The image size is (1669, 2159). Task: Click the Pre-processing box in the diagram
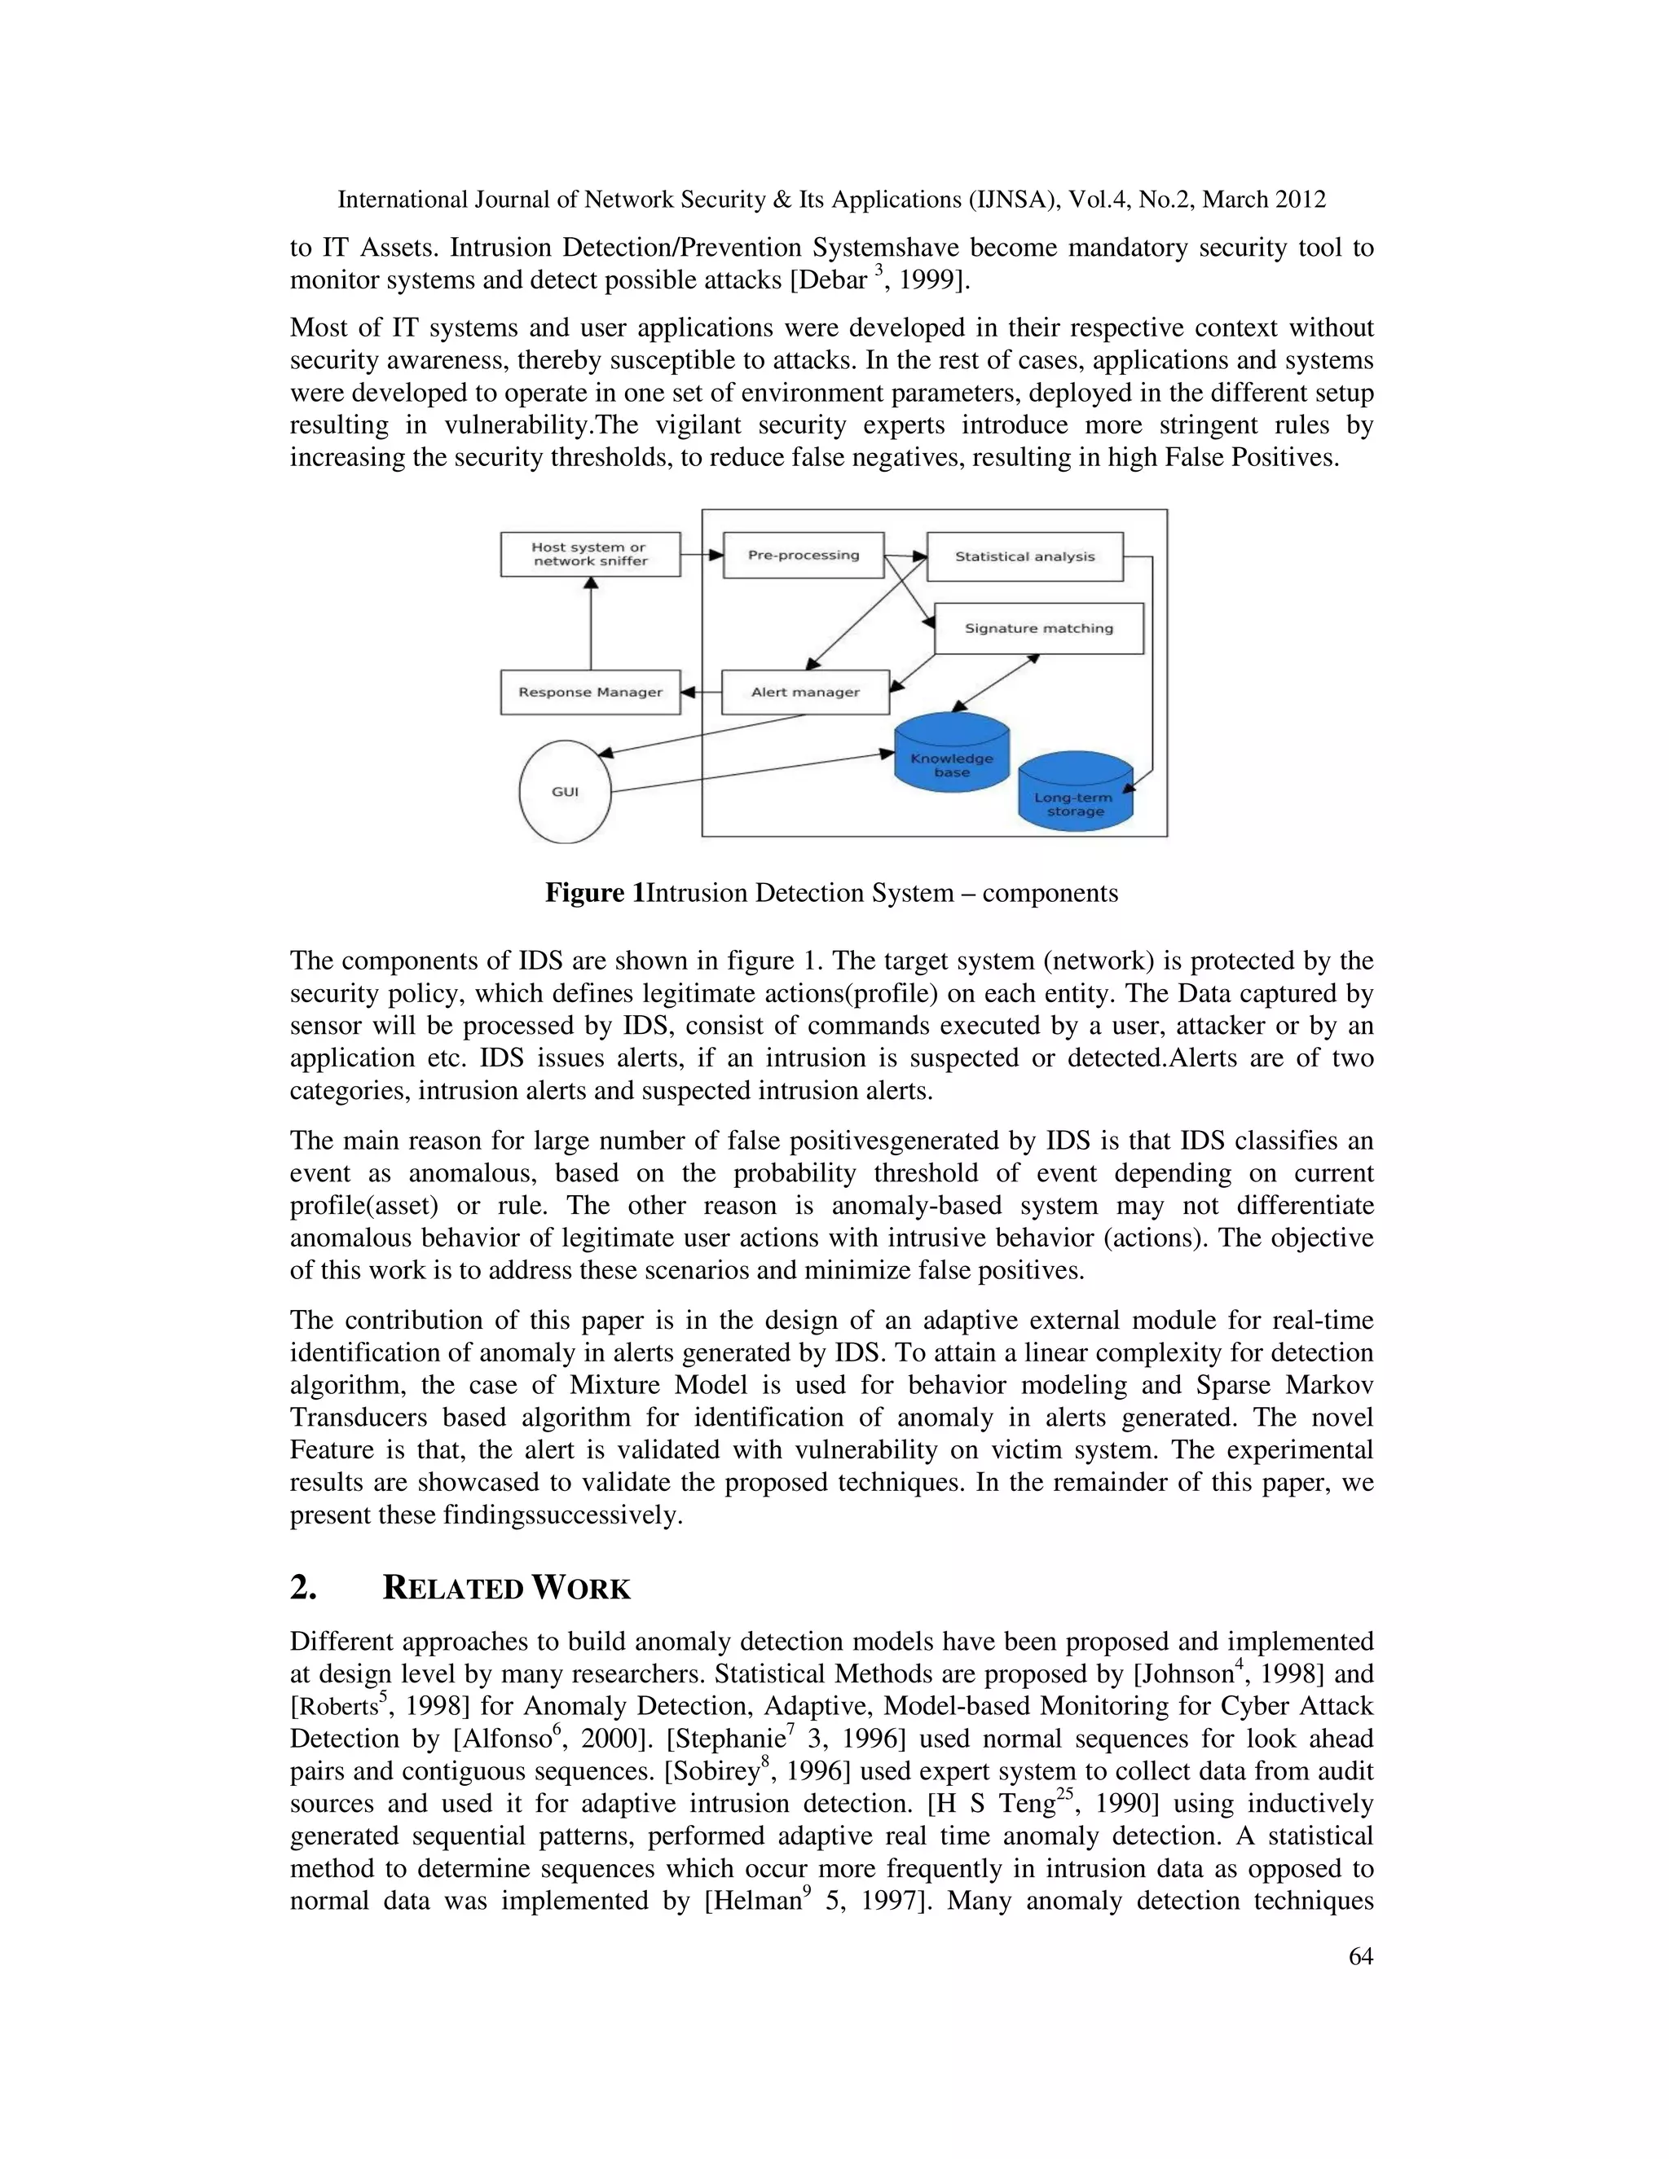(x=803, y=556)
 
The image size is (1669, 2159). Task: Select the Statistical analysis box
(x=1024, y=556)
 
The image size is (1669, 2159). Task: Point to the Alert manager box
(x=805, y=692)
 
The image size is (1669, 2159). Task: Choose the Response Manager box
(x=590, y=692)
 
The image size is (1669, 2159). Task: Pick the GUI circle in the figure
(x=565, y=792)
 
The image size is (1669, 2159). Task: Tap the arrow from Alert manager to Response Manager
(x=701, y=692)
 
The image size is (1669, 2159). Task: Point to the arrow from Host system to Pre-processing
(x=702, y=556)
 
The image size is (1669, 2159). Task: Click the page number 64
(x=1360, y=1956)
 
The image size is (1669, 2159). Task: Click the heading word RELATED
(x=451, y=1589)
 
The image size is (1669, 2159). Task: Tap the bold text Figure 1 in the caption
(x=594, y=894)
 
